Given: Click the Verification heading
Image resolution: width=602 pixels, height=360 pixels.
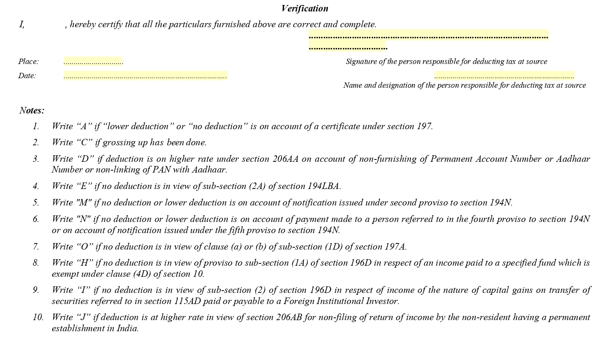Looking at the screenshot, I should (x=304, y=8).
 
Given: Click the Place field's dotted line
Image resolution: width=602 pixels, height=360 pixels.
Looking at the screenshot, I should (x=93, y=62).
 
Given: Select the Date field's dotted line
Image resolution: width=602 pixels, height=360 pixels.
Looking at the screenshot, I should (x=145, y=76).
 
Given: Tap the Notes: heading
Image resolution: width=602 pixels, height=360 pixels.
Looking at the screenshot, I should (x=32, y=110).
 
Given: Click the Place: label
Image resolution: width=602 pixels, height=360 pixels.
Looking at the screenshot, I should (x=28, y=61).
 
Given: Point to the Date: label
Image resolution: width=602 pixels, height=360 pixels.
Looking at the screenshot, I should (x=27, y=76).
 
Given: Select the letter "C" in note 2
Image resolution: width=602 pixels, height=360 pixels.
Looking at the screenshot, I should (x=84, y=142).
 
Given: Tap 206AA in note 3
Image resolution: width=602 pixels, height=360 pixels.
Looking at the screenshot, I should (x=285, y=159).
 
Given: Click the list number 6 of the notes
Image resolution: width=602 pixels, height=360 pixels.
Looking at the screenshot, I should (x=36, y=219).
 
